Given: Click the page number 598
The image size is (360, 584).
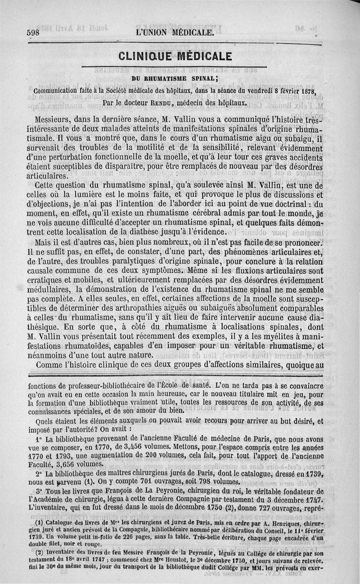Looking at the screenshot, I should click(33, 33).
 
